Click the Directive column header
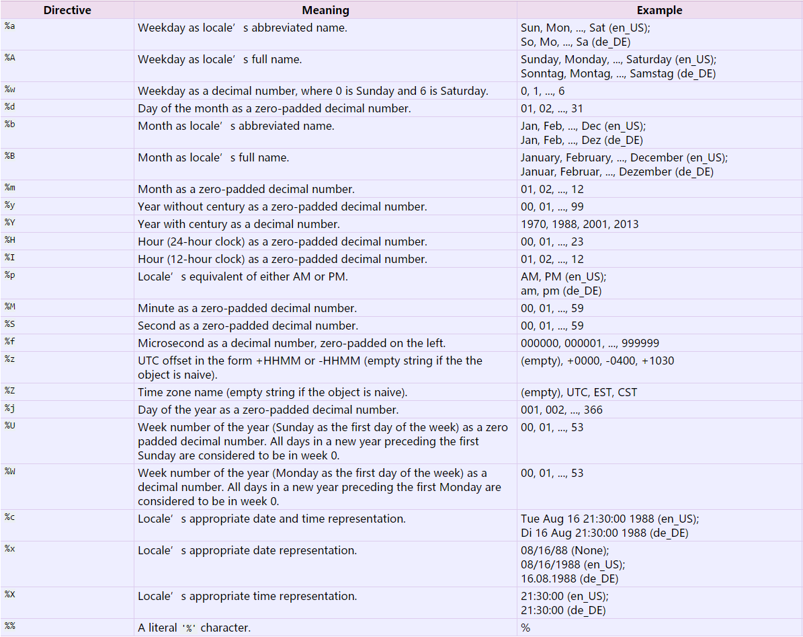(67, 10)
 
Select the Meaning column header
(325, 10)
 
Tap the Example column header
(659, 10)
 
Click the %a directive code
(9, 28)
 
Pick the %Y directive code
(9, 223)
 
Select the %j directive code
(9, 409)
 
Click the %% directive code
(9, 627)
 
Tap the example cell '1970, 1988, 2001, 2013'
(579, 224)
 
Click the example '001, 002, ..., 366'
(562, 410)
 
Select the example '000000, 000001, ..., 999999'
(590, 343)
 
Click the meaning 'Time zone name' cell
(273, 392)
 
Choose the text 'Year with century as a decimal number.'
(239, 224)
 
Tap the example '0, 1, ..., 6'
(543, 91)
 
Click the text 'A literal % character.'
(194, 628)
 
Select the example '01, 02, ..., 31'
(552, 108)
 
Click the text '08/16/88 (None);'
(565, 550)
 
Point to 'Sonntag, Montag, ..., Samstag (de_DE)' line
(618, 73)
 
